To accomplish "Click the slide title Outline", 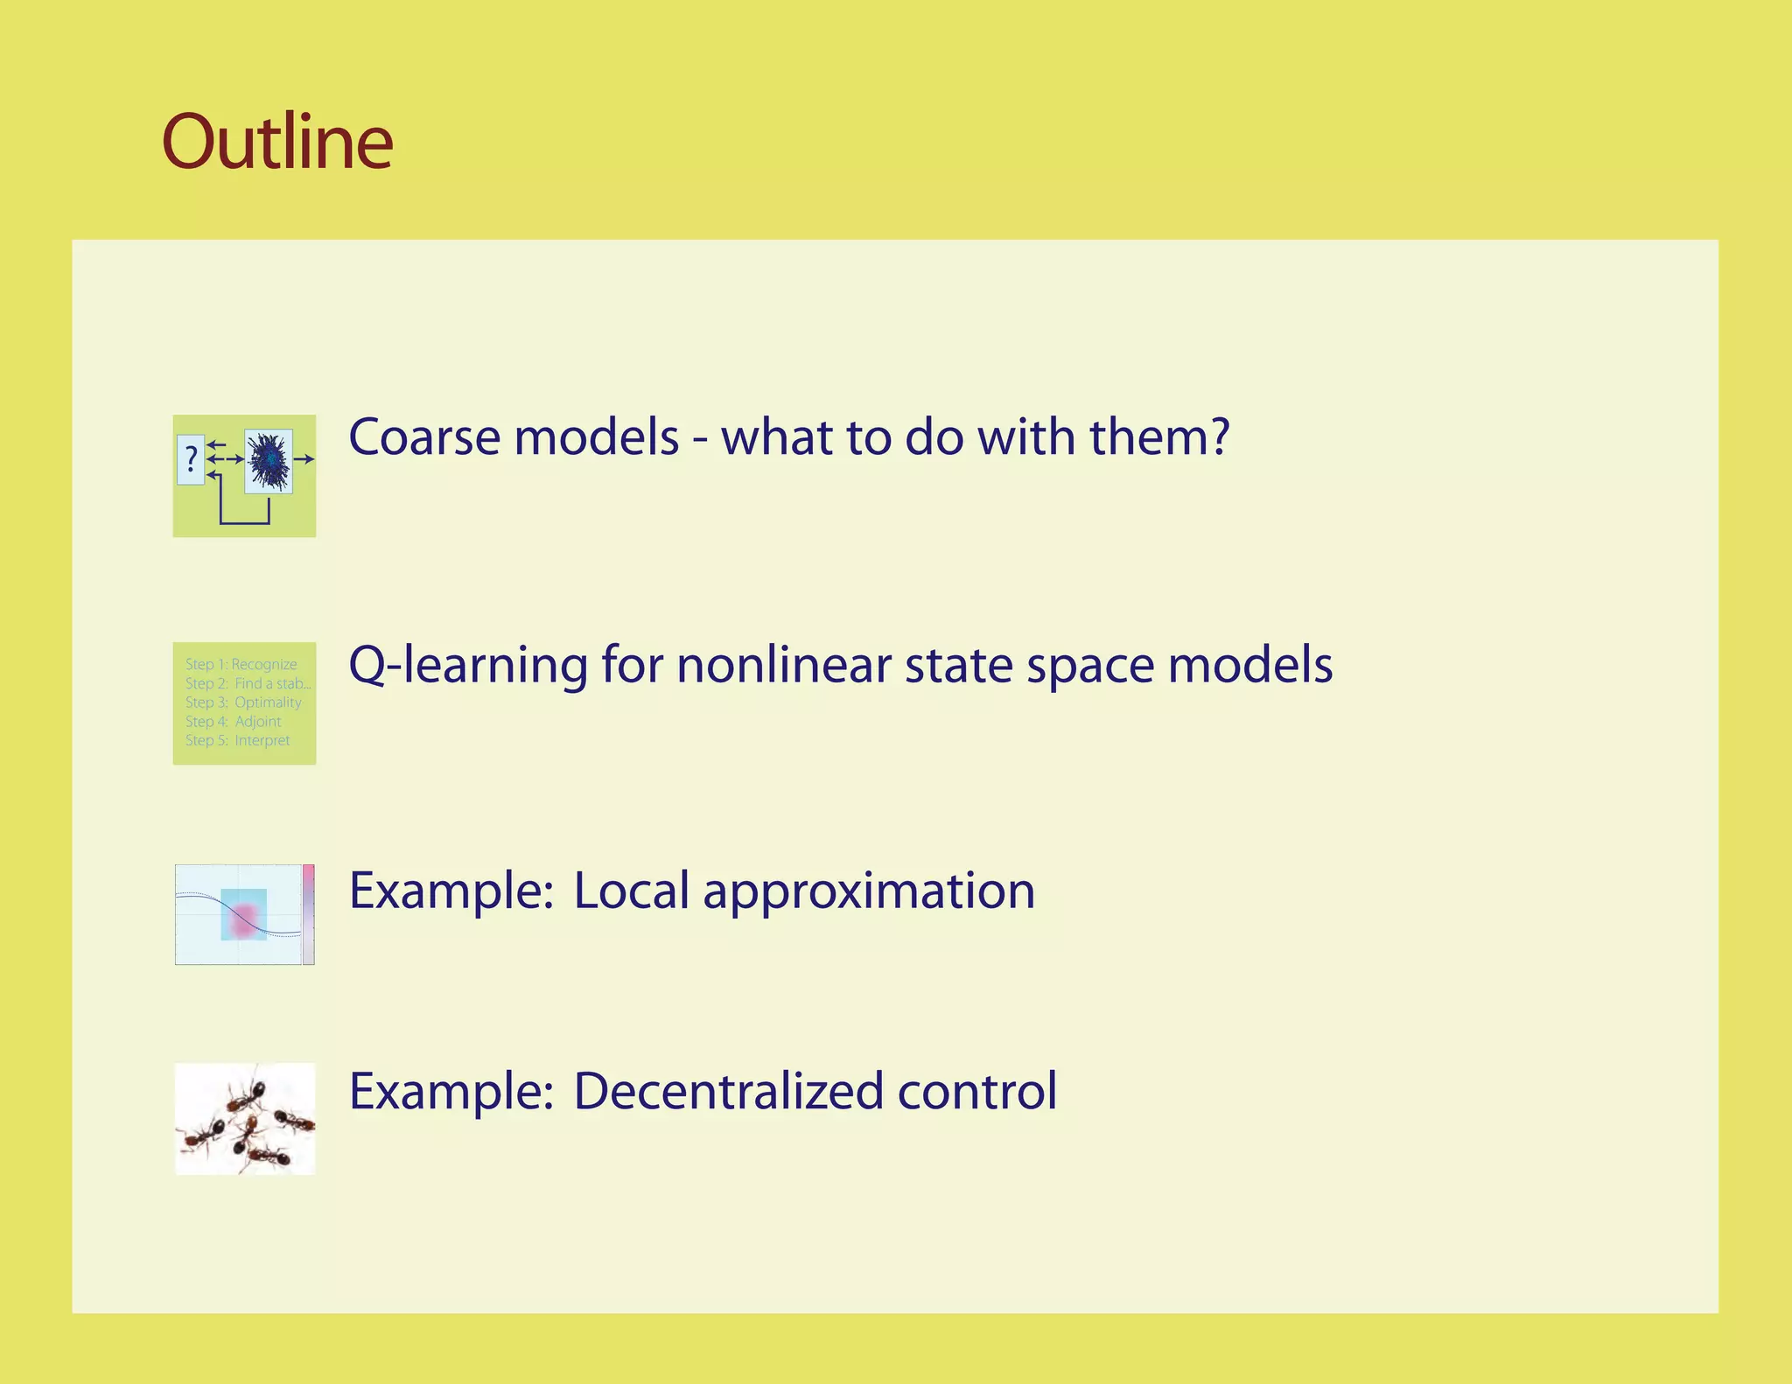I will [x=277, y=142].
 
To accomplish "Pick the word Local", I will [x=631, y=891].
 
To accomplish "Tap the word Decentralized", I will [x=728, y=1091].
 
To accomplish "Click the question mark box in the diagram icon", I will [x=191, y=459].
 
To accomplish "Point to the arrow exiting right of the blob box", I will [x=304, y=458].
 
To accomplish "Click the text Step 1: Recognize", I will [x=241, y=664].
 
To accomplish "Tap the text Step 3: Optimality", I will [x=242, y=702].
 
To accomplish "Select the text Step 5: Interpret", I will [x=237, y=740].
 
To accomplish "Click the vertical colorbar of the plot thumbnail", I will [x=308, y=914].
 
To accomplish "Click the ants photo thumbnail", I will [x=245, y=1119].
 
